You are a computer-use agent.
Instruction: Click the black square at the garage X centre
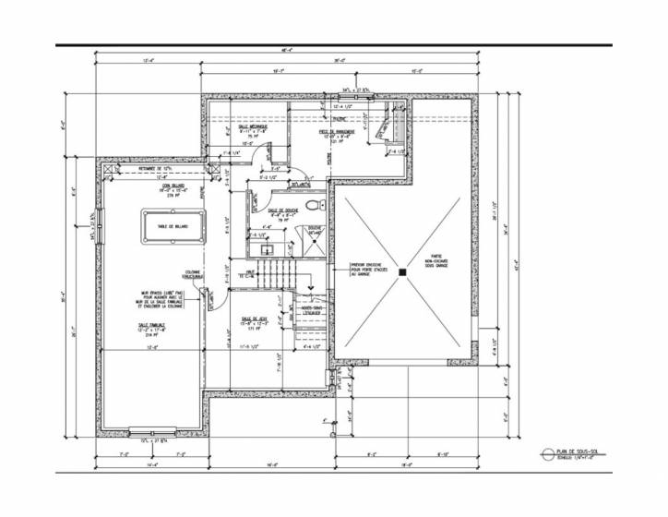(403, 272)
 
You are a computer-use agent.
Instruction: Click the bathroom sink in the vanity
(266, 249)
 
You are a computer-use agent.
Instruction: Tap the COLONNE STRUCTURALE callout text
(194, 274)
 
